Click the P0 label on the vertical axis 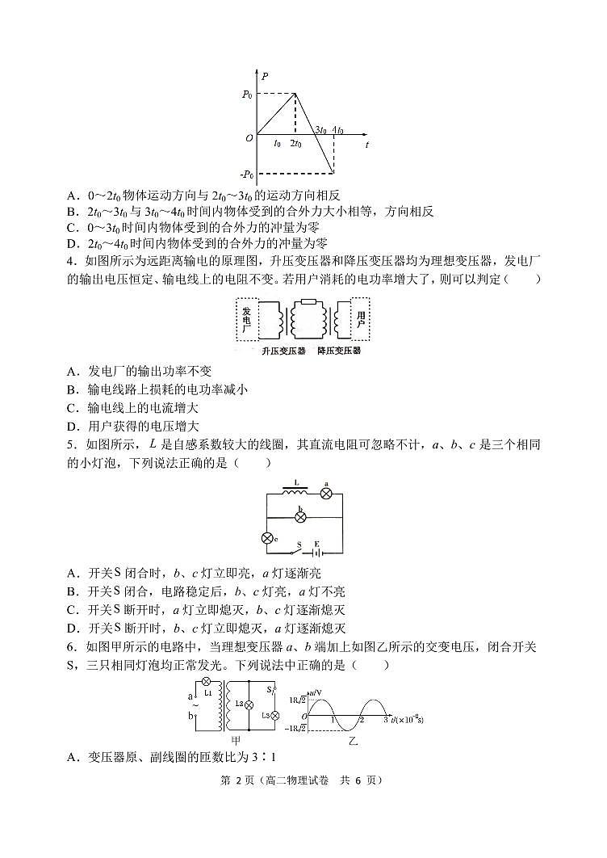(247, 95)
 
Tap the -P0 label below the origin (245, 173)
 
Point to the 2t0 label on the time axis (295, 144)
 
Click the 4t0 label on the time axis (337, 130)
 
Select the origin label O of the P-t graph (250, 138)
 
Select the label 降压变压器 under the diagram (339, 351)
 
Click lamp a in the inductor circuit (327, 493)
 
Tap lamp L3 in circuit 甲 (274, 716)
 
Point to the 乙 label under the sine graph (353, 740)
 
